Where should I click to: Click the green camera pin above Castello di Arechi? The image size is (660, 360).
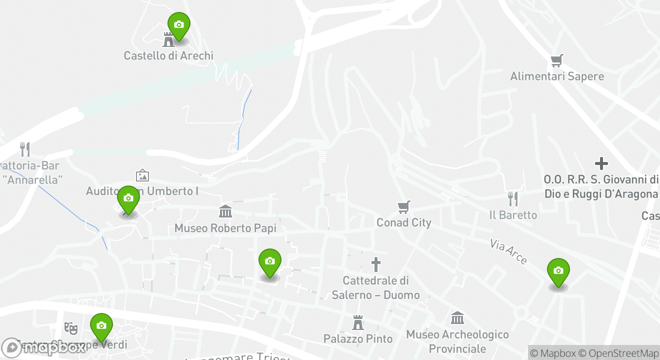(x=178, y=25)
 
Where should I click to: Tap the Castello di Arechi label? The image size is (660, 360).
(x=168, y=55)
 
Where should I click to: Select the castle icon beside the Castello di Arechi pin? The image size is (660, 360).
(x=168, y=39)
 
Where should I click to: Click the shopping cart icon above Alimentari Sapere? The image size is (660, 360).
(x=557, y=61)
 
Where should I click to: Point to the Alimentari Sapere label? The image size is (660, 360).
(x=557, y=76)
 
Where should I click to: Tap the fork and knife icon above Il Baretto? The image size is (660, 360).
(x=513, y=199)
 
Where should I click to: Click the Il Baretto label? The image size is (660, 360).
(x=513, y=215)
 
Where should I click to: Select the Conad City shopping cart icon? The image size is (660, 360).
(x=404, y=207)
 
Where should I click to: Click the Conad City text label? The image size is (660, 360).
(x=404, y=222)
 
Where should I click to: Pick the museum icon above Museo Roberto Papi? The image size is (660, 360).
(x=225, y=211)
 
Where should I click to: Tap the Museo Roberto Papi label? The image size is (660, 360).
(x=225, y=228)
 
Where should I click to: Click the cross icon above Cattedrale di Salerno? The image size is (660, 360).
(x=376, y=264)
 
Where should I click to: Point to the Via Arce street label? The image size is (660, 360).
(x=508, y=251)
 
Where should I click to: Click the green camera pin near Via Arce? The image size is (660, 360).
(x=558, y=271)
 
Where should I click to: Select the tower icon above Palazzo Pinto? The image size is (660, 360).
(x=358, y=322)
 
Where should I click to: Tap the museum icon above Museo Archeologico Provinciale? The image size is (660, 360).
(x=457, y=318)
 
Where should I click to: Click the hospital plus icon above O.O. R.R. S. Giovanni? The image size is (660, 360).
(x=601, y=163)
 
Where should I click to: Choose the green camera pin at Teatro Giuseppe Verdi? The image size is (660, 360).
(x=101, y=326)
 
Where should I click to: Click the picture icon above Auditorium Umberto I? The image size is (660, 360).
(x=142, y=175)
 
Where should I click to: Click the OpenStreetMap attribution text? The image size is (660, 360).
(x=623, y=353)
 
